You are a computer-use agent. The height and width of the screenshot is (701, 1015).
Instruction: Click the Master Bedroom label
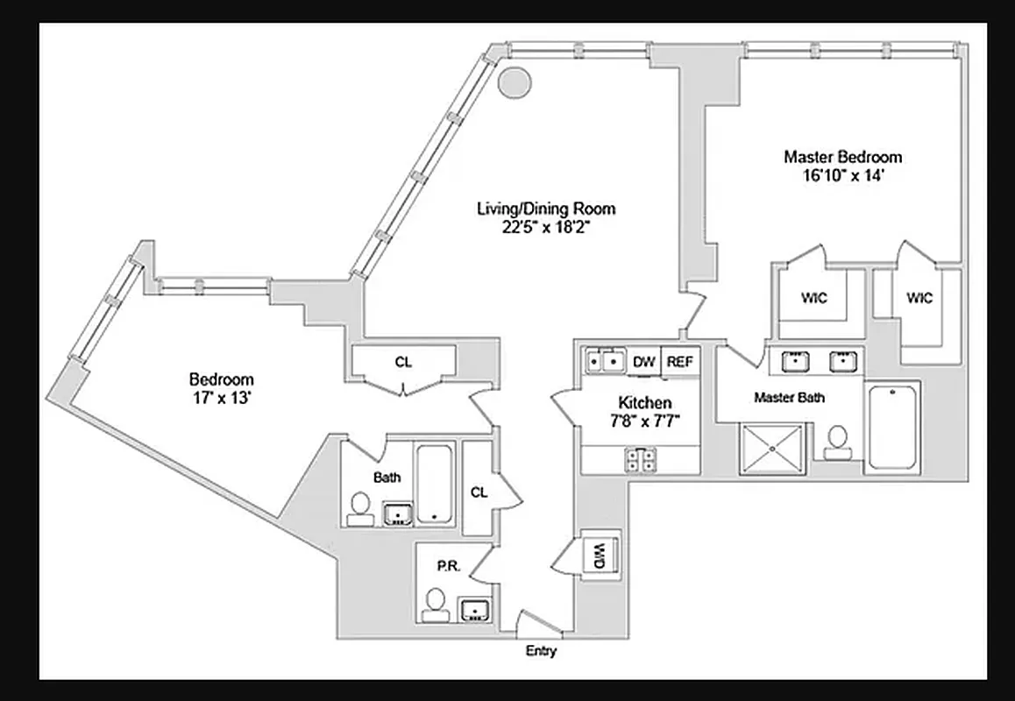842,158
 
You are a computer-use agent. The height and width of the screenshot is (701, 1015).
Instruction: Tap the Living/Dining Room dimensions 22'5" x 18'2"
545,226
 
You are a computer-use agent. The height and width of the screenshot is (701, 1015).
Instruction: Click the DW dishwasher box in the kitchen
644,361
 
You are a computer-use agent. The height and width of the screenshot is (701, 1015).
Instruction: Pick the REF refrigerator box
681,361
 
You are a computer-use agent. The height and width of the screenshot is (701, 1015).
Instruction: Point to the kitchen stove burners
641,459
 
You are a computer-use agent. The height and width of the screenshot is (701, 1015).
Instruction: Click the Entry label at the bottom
541,651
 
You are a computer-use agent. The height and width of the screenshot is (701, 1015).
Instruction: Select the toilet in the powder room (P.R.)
435,604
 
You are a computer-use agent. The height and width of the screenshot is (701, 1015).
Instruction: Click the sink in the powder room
475,609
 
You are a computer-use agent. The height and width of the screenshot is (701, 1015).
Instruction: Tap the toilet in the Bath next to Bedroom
359,507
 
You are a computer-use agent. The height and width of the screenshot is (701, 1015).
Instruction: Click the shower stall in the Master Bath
772,448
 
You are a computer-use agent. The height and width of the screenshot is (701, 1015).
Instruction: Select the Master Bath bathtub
892,427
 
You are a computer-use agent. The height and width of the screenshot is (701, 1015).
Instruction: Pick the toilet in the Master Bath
839,440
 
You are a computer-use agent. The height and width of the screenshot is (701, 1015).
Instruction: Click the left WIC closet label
814,298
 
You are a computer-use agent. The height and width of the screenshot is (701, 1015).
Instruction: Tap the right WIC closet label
919,298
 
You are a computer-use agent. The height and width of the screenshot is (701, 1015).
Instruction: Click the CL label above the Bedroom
403,362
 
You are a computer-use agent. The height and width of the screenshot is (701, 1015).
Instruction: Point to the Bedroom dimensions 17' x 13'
222,396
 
